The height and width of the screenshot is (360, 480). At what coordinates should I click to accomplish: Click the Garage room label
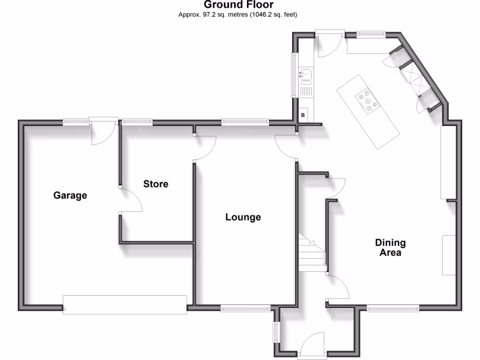[x=70, y=195]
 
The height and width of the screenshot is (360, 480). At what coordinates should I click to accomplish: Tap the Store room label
[x=156, y=184]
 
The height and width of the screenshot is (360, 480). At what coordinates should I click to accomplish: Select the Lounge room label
[x=243, y=217]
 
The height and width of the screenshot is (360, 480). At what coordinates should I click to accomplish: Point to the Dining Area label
[x=390, y=247]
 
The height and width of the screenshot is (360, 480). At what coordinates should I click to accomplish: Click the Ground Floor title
[x=239, y=5]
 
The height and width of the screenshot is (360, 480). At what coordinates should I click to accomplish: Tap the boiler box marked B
[x=303, y=115]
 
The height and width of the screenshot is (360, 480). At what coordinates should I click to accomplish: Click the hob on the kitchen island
[x=367, y=101]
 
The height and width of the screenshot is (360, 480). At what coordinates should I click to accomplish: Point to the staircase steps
[x=312, y=255]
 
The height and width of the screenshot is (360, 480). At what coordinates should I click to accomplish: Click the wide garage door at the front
[x=125, y=304]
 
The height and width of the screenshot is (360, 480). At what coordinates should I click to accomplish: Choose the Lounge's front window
[x=246, y=308]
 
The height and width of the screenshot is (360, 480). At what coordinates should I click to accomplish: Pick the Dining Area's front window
[x=392, y=308]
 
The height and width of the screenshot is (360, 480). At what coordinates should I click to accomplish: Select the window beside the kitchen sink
[x=294, y=75]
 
